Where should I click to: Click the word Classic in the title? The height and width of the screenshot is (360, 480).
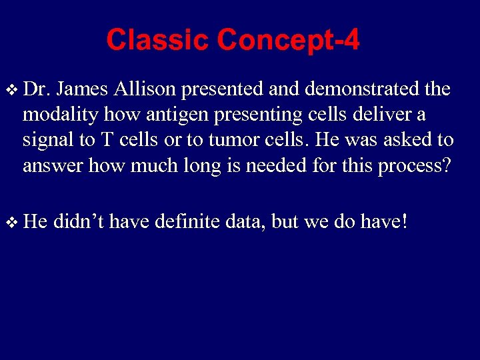tap(157, 40)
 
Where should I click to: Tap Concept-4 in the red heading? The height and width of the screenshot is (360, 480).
tap(287, 40)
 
